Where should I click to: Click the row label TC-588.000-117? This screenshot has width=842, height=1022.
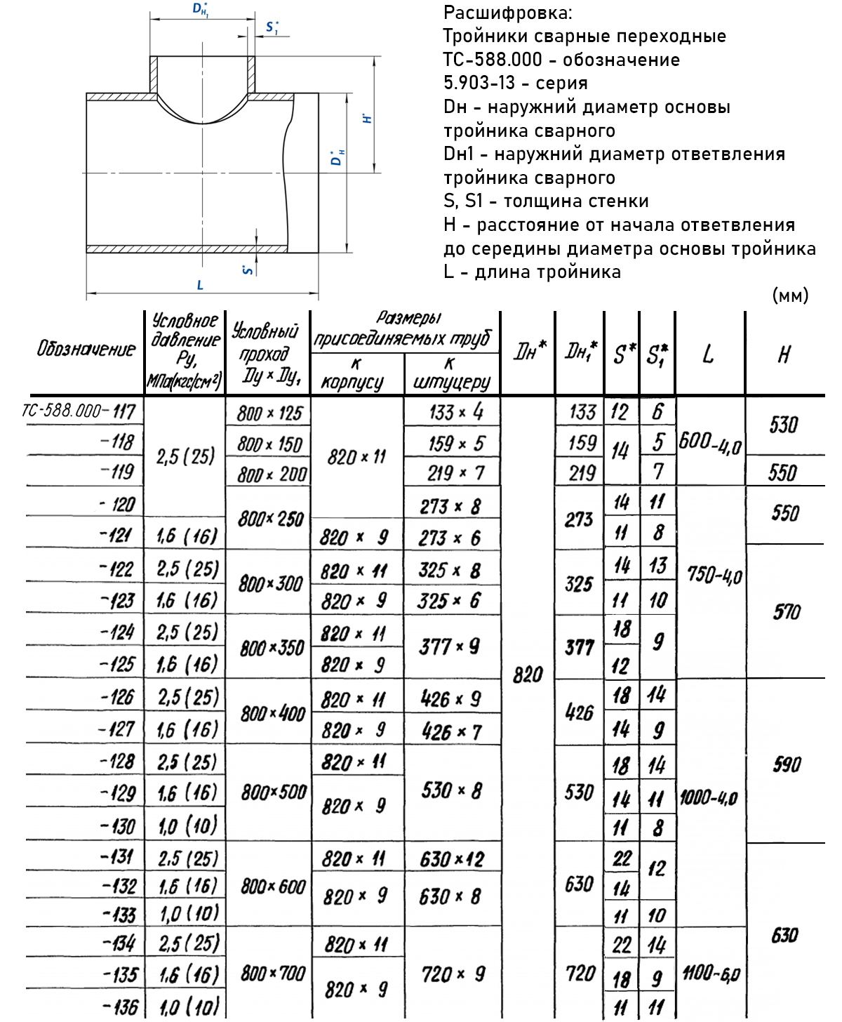point(79,411)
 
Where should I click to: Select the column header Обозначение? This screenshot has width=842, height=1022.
point(86,349)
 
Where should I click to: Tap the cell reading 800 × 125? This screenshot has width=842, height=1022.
point(269,413)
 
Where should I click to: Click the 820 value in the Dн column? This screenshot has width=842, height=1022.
point(528,675)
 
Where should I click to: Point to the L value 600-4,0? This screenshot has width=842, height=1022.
point(710,442)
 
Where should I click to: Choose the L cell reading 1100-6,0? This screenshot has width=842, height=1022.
point(711,973)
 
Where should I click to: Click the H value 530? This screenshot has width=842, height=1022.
point(784,425)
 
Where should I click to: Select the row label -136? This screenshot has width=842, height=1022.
point(120,1007)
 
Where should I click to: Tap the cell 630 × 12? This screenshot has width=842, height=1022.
point(452,859)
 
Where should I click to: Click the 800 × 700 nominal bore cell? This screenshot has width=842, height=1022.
point(273,974)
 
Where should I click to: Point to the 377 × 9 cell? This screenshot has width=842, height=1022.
point(450,646)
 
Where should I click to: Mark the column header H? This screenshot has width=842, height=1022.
point(784,354)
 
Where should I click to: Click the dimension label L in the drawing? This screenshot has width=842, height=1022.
point(200,285)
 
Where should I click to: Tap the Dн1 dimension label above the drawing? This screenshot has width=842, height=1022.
point(200,9)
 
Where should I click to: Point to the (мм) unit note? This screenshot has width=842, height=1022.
point(790,296)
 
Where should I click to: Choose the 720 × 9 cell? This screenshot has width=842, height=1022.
point(453,974)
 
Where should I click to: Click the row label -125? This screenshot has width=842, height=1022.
point(117,664)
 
